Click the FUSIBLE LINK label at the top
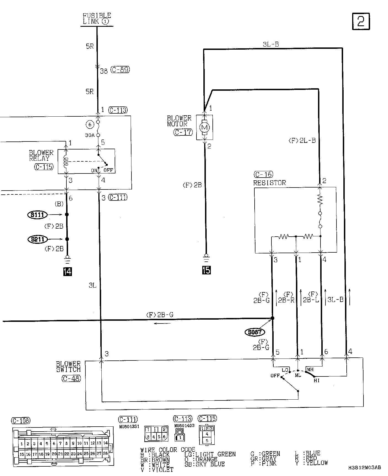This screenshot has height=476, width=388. (97, 18)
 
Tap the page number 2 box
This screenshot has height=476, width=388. (361, 21)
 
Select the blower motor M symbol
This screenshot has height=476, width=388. (204, 127)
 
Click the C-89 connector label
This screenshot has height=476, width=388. (120, 70)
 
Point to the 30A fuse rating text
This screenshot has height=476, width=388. (90, 135)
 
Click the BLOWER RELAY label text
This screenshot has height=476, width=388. (41, 156)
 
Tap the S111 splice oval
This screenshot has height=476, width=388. (37, 215)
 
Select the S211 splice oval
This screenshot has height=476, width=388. (37, 239)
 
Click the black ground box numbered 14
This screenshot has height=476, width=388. (68, 272)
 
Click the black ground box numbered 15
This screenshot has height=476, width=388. (206, 270)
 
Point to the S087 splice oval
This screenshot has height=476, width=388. (255, 332)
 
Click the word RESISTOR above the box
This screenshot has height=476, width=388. (270, 183)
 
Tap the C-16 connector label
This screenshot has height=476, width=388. (263, 174)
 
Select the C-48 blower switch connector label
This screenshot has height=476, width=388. (71, 378)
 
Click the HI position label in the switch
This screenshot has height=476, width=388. (317, 381)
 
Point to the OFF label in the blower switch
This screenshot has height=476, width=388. (275, 376)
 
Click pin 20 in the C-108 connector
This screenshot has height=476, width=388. (54, 454)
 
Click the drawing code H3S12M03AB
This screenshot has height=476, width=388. (364, 467)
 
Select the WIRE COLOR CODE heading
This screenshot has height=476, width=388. (168, 450)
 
